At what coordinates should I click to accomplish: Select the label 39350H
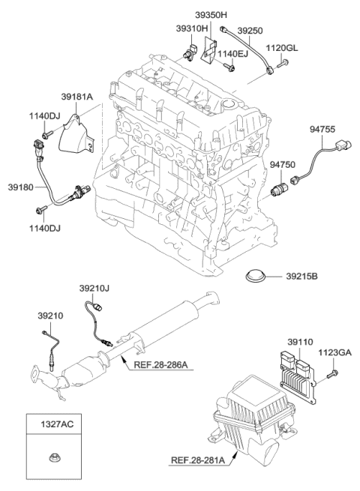tap(211, 14)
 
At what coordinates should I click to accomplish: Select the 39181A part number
tap(78, 96)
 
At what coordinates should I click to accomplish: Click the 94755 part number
tap(324, 129)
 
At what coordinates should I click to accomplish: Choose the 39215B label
tap(301, 278)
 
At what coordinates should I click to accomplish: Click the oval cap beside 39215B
tap(259, 278)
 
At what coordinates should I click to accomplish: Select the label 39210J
tap(94, 287)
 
